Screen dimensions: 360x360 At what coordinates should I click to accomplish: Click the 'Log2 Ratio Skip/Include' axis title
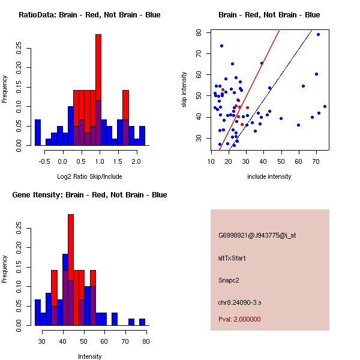click(x=89, y=176)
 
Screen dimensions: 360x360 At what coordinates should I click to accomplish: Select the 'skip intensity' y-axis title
click(x=184, y=90)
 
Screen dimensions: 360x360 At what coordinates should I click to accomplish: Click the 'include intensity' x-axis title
click(x=269, y=176)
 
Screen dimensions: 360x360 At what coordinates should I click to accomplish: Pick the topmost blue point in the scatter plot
click(x=318, y=34)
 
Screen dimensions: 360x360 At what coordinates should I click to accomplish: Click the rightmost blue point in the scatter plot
click(x=325, y=106)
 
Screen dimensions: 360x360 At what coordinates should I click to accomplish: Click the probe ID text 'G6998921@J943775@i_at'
click(x=257, y=235)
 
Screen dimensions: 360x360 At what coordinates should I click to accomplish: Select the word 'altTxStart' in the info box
click(x=232, y=258)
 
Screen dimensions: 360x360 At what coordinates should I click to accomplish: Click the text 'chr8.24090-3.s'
click(x=238, y=301)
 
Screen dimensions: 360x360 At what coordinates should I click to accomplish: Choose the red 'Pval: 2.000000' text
click(x=239, y=319)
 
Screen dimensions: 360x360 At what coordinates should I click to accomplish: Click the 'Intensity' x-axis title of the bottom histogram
click(x=89, y=356)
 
